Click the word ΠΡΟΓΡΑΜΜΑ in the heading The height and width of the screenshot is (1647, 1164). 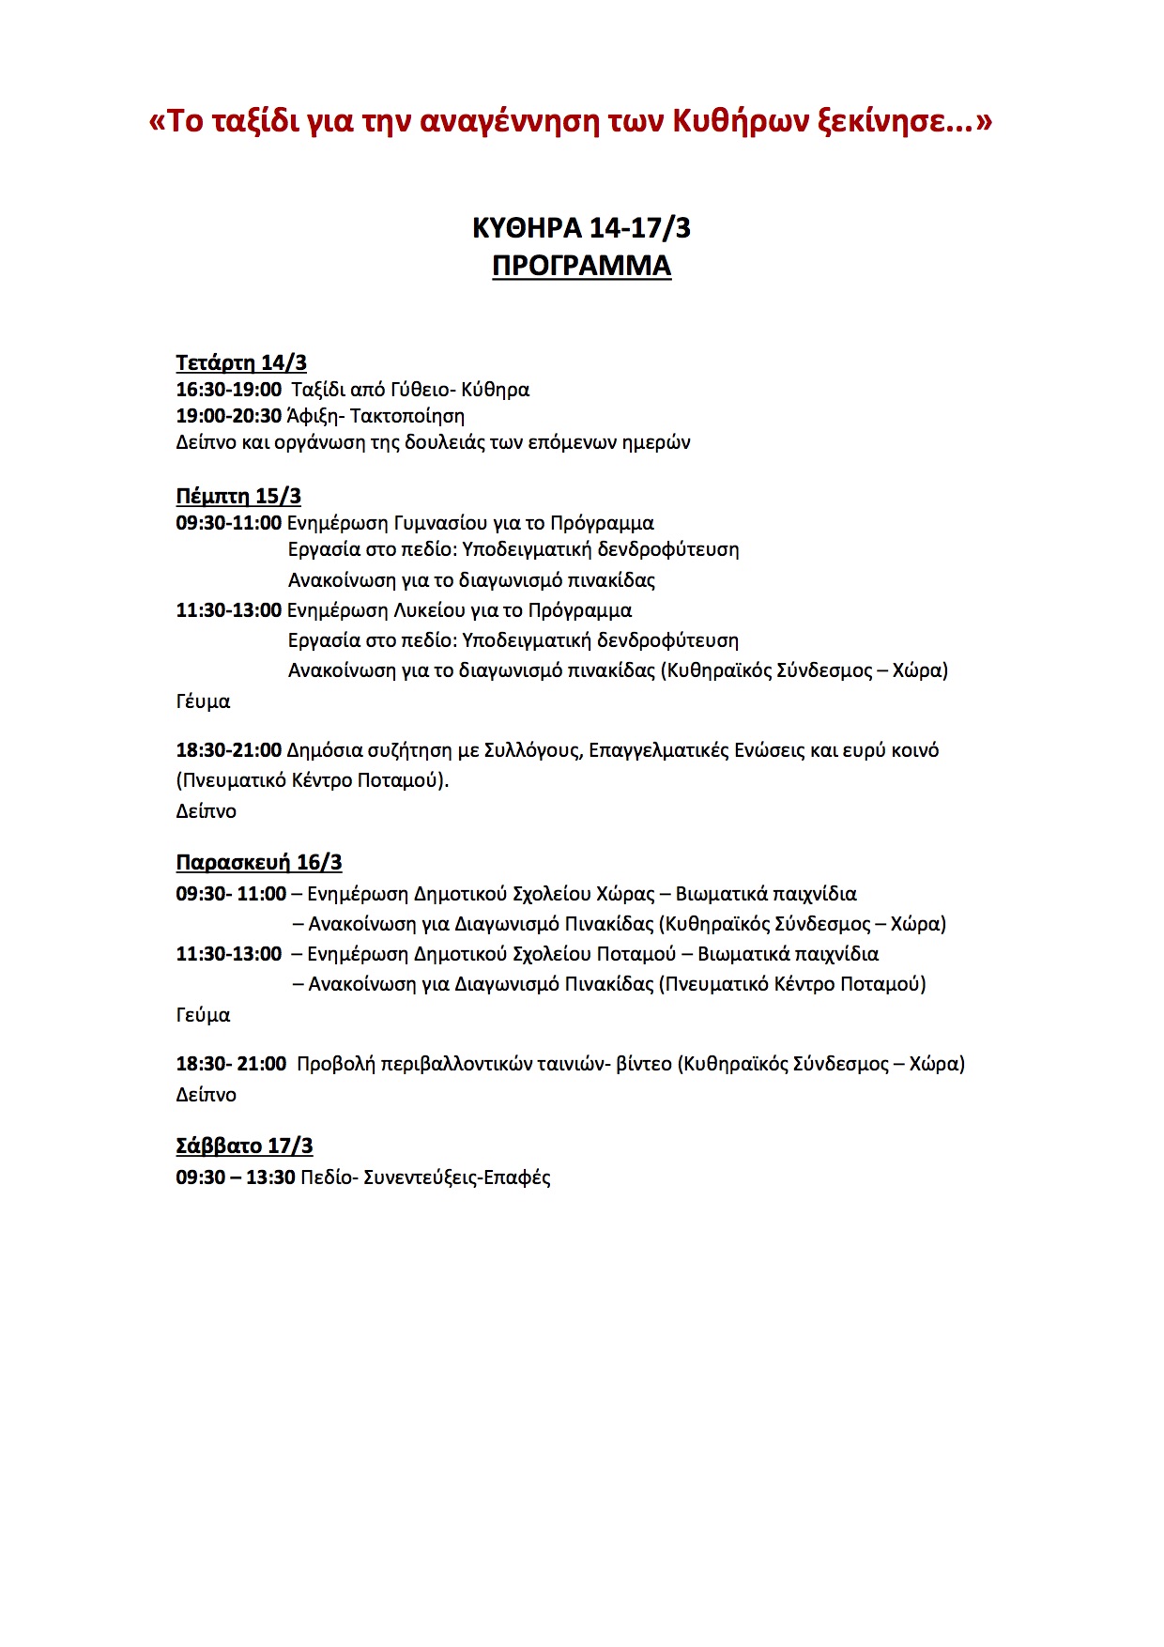pos(581,266)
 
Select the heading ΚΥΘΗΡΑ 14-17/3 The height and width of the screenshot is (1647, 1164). pos(581,227)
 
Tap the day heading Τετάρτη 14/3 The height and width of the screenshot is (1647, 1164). pos(241,362)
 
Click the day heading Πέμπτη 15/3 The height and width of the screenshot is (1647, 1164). pos(238,496)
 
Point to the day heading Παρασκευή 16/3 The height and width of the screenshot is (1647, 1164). pos(259,862)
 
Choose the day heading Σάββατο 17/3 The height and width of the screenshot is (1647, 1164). pos(244,1146)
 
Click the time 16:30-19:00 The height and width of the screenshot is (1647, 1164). pos(228,390)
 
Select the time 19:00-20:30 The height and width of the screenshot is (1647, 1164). pos(228,416)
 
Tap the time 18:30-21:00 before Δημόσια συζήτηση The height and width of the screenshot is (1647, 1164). pos(228,750)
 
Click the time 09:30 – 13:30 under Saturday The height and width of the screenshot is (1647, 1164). pos(236,1178)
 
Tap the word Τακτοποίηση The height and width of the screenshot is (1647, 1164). pos(407,416)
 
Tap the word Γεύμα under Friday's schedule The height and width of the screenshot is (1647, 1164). pos(203,1015)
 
